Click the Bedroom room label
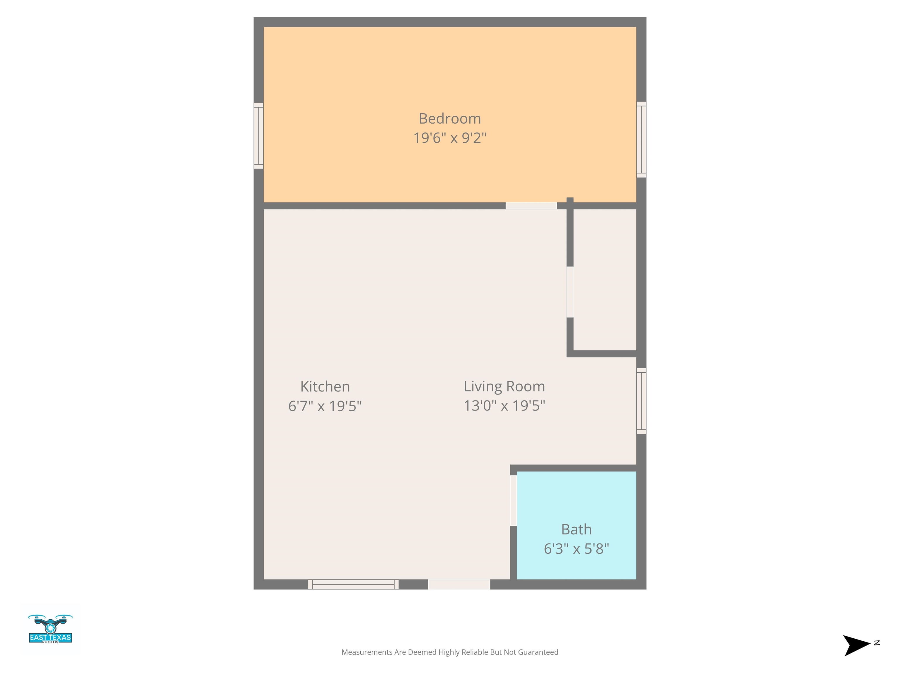tap(450, 119)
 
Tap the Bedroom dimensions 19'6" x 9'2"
tap(450, 138)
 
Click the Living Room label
tap(504, 386)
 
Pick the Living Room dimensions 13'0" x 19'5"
tap(504, 406)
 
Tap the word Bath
tap(577, 529)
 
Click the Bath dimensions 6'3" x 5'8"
tap(577, 549)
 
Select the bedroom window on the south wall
tap(259, 136)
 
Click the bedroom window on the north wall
tap(641, 139)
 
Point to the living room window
tap(641, 401)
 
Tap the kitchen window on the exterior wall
tap(353, 584)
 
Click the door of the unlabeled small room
tap(570, 292)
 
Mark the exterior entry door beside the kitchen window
tap(459, 584)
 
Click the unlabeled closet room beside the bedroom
tap(605, 279)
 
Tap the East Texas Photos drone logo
tap(50, 629)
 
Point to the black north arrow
tap(857, 645)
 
